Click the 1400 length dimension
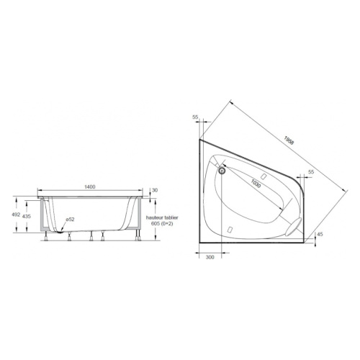point(89,186)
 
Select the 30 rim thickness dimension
point(154,191)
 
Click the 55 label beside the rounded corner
point(311,172)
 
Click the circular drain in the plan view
point(222,171)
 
